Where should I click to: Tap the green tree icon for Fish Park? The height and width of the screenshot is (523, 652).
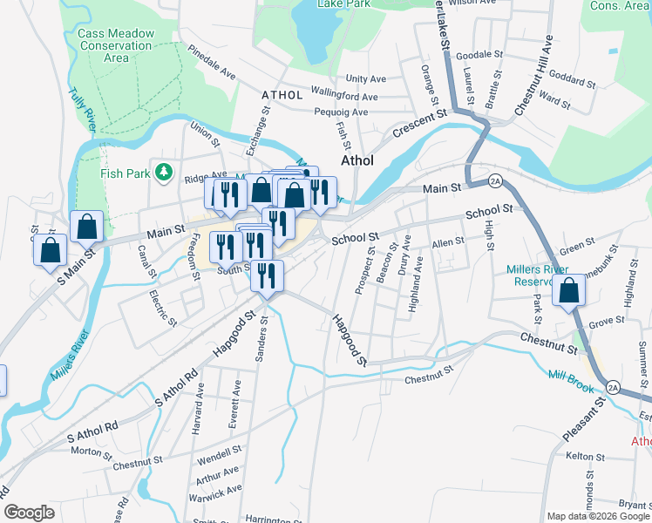tap(162, 173)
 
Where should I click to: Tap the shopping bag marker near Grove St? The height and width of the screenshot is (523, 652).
tap(569, 292)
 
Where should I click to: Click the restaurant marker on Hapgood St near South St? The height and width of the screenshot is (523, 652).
tap(267, 276)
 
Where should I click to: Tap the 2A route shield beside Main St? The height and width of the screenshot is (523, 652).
tap(496, 180)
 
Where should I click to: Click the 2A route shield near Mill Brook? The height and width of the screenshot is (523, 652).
tap(613, 386)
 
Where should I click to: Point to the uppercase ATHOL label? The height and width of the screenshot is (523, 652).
tap(282, 95)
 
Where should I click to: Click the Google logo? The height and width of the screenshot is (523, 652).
tap(29, 513)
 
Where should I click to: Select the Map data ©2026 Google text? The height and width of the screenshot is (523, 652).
tap(597, 516)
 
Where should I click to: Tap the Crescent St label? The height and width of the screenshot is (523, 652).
tap(419, 125)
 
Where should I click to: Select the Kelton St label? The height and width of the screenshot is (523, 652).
tap(585, 457)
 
